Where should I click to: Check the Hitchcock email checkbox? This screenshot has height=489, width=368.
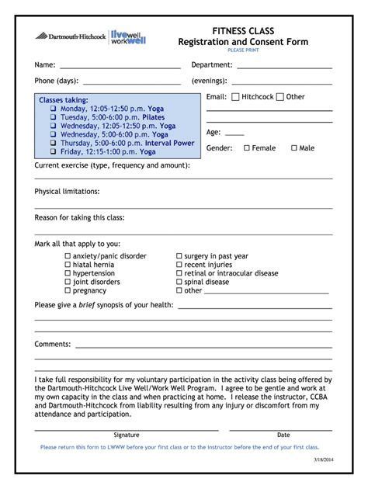(235, 97)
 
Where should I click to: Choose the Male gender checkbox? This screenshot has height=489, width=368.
(293, 148)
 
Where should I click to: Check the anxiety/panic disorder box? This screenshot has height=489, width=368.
(68, 256)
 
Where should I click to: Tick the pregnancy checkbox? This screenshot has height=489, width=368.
(68, 291)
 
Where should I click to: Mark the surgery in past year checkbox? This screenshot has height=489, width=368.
(179, 256)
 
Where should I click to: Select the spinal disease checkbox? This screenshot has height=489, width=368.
(179, 283)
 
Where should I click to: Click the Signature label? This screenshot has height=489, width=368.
(127, 435)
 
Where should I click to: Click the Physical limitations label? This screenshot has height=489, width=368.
(67, 191)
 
